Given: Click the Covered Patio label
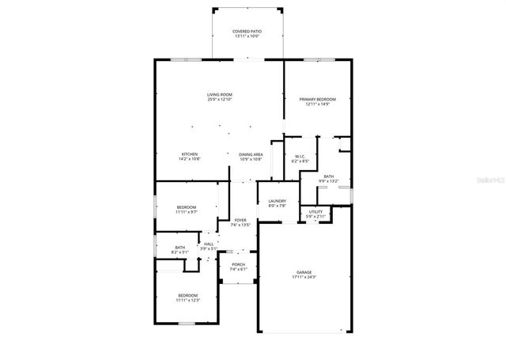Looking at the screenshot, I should point(247,32).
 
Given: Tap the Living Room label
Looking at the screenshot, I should point(220,95).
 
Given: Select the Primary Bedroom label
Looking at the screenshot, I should point(317,99).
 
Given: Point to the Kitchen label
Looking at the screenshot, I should point(190,154).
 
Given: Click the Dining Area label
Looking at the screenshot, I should point(251,154).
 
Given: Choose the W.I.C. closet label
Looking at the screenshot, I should point(300,157).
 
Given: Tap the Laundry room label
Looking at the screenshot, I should point(277,201).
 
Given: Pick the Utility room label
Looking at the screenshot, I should point(315,211).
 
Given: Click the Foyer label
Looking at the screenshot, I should point(240,220).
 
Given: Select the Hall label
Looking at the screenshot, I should point(209,244).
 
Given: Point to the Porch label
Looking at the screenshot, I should point(238,264).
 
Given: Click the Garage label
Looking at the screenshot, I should point(304,272).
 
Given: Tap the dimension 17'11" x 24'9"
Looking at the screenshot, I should point(304,277).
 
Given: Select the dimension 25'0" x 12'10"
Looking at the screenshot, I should point(220,100).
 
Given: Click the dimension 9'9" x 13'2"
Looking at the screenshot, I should point(328,181).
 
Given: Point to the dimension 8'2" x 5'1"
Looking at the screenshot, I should point(180,252).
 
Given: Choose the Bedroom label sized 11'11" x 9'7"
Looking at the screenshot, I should point(187,207).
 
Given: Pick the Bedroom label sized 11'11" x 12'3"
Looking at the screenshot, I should point(187,295).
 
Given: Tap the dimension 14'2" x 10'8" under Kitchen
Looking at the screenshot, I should point(190,159).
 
